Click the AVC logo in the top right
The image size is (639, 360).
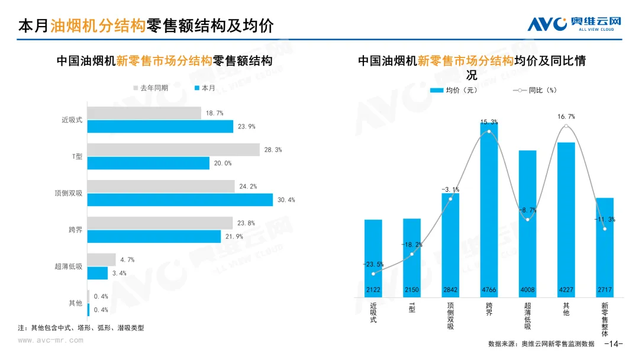[x=575, y=24]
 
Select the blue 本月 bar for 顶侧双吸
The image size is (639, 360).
[x=180, y=200]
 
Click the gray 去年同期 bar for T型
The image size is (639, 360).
[x=173, y=150]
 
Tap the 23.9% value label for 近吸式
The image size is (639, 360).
[x=247, y=127]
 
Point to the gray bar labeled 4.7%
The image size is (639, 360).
[x=101, y=259]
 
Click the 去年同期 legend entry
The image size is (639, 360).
[x=151, y=88]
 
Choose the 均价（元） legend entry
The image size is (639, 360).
[x=454, y=91]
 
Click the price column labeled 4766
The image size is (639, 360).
[x=489, y=207]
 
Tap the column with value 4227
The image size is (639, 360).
[x=566, y=219]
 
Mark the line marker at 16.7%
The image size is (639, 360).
[x=566, y=126]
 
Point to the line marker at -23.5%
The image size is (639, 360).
[x=373, y=274]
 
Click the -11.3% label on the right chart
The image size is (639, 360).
[x=605, y=219]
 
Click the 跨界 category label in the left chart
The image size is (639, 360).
[x=75, y=229]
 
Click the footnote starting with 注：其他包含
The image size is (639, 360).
[x=81, y=327]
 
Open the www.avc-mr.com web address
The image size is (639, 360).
[x=50, y=340]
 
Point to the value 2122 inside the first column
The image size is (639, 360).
[x=373, y=290]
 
